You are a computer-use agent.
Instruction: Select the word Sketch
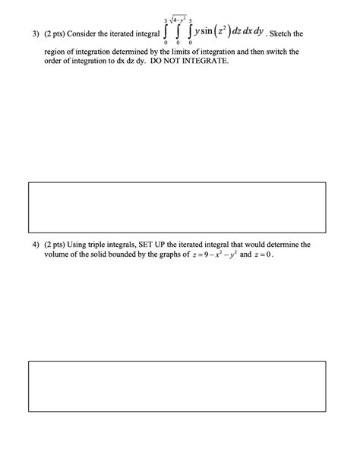(287, 34)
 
